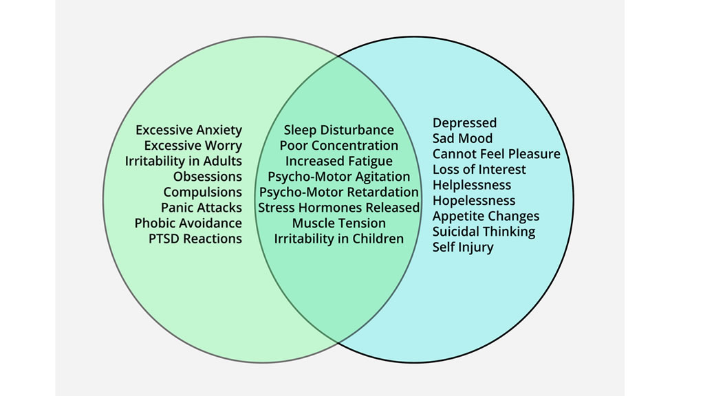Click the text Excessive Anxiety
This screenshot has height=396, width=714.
[x=188, y=130]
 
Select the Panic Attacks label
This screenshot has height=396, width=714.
[x=202, y=208]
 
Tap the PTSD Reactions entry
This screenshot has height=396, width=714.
[x=195, y=239]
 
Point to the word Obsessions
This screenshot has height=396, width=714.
[x=207, y=177]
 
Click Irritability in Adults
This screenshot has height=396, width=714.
[x=184, y=161]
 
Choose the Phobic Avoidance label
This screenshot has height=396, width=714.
[x=188, y=223]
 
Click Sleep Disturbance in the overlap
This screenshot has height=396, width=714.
[x=338, y=130]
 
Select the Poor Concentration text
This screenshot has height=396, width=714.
[x=338, y=146]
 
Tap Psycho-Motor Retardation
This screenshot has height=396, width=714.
[x=338, y=192]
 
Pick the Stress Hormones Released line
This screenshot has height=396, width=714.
[x=338, y=208]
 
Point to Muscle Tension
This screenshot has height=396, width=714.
[x=338, y=223]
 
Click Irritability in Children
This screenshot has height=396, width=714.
[x=338, y=239]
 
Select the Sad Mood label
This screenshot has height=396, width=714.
[x=462, y=138]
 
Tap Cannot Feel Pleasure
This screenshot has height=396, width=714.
[x=496, y=154]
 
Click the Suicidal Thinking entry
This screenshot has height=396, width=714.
[x=484, y=232]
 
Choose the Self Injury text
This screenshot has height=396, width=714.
[x=463, y=247]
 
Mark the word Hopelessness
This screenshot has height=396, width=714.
[x=473, y=201]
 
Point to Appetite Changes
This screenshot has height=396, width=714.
[x=486, y=216]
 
